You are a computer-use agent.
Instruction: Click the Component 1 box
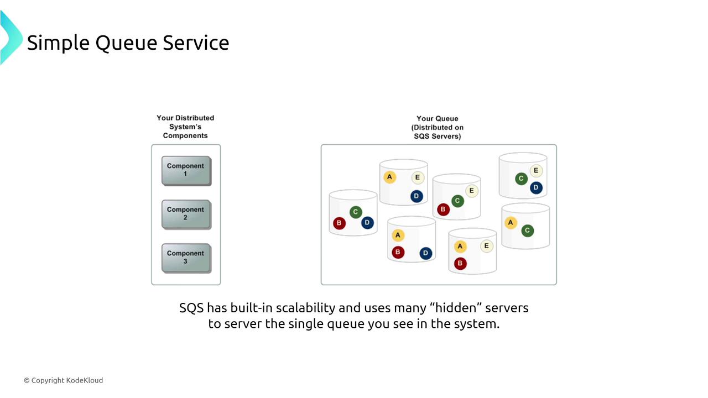[x=186, y=170]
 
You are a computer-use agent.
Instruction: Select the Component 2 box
[x=186, y=214]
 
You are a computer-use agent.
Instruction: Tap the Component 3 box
[x=186, y=258]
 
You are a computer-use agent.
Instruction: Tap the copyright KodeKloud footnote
[x=63, y=380]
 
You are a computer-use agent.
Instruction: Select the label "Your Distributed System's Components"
[x=185, y=127]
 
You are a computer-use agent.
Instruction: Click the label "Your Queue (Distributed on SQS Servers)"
[x=438, y=127]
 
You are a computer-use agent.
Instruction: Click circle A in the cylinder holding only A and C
[x=511, y=223]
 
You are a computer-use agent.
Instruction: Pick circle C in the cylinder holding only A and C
[x=528, y=231]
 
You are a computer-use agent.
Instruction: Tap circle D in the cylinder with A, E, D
[x=417, y=196]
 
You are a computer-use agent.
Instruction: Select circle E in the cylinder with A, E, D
[x=418, y=177]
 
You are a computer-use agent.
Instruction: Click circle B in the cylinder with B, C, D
[x=339, y=223]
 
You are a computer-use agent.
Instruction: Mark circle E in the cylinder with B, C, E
[x=471, y=191]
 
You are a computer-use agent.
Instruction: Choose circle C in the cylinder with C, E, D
[x=521, y=179]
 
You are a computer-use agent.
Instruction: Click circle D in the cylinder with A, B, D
[x=425, y=253]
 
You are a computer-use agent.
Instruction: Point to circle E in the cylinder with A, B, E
[x=487, y=246]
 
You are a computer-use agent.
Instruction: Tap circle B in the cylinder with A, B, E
[x=460, y=264]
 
